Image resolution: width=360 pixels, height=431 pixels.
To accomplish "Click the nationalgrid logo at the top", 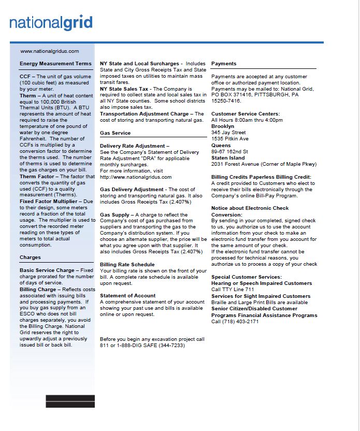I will (51, 23).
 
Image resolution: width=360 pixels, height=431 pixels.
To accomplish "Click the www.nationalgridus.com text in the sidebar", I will (49, 51).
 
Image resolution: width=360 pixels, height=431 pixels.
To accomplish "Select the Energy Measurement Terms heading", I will (55, 64).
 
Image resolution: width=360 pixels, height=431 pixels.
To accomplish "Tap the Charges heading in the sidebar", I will (30, 257).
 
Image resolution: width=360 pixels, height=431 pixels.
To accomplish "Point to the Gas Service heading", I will (115, 133).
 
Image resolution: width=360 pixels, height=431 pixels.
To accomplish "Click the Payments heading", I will (224, 64).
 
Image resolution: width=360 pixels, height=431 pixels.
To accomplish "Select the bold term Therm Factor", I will (37, 177).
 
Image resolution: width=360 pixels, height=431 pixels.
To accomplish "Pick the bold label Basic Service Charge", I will (47, 270).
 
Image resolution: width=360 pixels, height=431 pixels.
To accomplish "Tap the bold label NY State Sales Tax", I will (124, 89).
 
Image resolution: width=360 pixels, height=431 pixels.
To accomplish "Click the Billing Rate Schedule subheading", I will (127, 265).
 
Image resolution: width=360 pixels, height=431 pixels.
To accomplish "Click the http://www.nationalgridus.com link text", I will (136, 177).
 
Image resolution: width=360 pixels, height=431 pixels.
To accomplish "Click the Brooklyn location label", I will (223, 126).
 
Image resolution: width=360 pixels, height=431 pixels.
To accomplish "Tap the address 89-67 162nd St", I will (230, 152).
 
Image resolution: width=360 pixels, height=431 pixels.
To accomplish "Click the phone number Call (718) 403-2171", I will (235, 322).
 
